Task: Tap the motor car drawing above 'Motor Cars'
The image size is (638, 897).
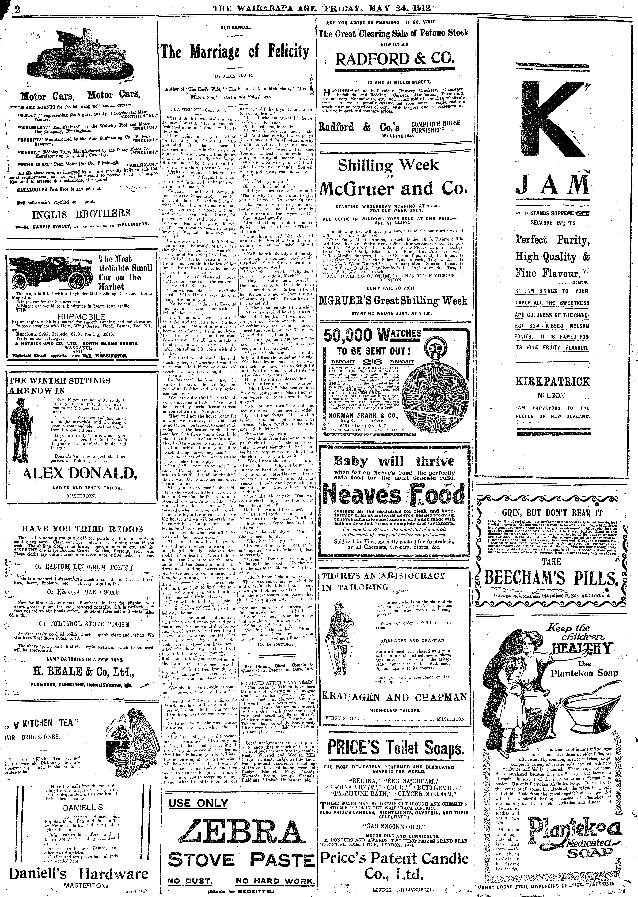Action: point(80,58)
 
